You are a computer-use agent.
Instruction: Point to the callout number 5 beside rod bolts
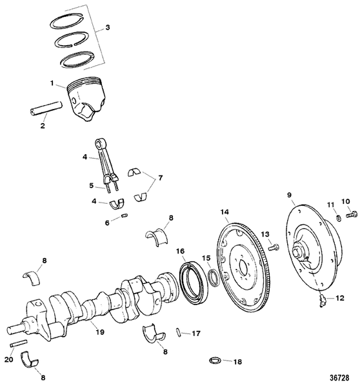click(92, 184)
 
